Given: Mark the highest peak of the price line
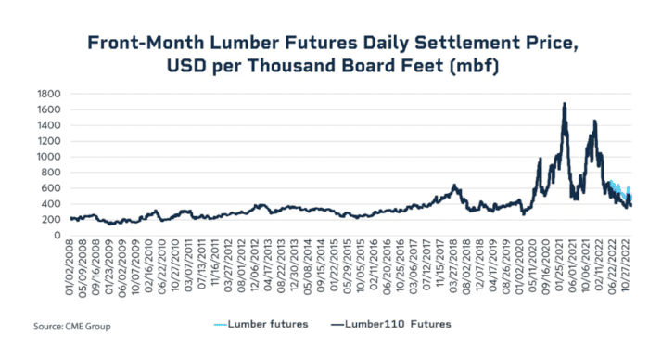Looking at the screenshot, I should [564, 104].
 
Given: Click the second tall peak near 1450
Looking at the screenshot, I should [593, 121].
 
